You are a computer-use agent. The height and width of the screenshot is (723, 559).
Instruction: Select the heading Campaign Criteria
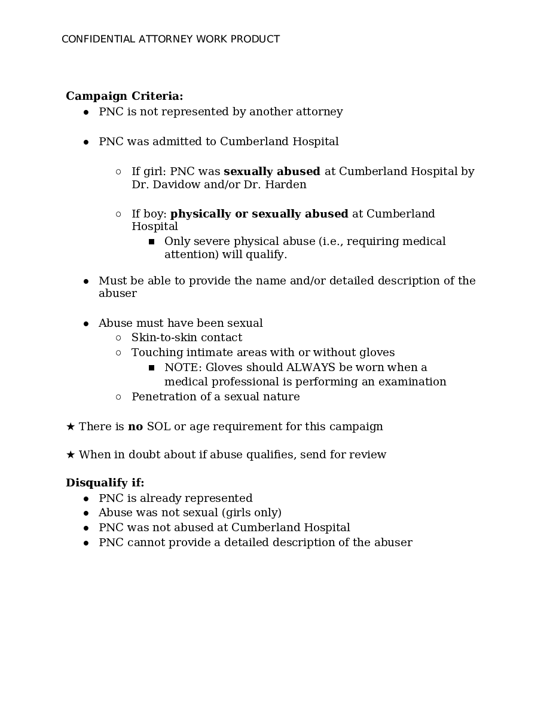tap(124, 96)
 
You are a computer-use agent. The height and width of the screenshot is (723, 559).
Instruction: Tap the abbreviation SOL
tap(158, 427)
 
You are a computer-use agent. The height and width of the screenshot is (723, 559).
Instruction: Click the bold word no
tap(135, 427)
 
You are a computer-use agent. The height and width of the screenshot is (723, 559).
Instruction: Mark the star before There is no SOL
tap(71, 427)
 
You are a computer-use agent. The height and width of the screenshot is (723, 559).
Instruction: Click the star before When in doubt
tap(71, 455)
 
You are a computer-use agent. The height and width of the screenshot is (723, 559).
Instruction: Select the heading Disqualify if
tap(105, 483)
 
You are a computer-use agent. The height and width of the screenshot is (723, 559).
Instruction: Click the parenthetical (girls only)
tap(251, 513)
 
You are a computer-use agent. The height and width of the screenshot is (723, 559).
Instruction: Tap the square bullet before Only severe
tap(151, 242)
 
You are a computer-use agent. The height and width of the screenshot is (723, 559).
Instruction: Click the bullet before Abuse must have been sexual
tap(86, 324)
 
